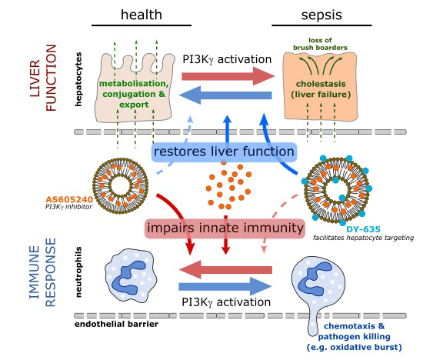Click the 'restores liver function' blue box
(224, 152)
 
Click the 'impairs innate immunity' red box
(224, 228)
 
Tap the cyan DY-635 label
(362, 228)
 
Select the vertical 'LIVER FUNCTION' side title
(42, 77)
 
